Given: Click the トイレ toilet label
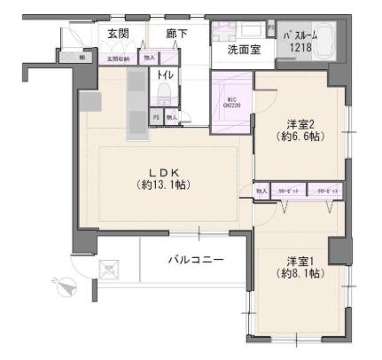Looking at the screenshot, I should click(166, 75).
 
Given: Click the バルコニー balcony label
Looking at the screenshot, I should click(196, 260).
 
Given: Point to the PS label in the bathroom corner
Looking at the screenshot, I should click(270, 27).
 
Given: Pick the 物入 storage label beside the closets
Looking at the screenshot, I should click(261, 192).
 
